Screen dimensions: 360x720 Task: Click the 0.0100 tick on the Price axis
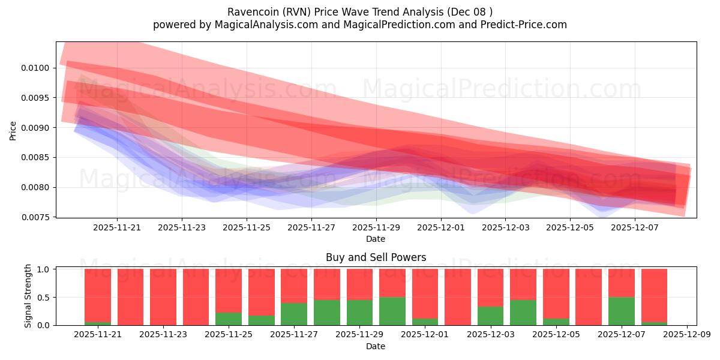38,68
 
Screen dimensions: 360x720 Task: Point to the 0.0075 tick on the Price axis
38,217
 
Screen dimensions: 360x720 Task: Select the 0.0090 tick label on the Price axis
38,127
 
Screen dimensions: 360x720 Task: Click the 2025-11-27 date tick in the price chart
311,228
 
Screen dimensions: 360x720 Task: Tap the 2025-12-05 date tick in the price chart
570,228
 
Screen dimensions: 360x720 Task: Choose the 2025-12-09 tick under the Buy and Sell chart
686,334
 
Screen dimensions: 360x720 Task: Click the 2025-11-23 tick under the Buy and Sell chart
163,334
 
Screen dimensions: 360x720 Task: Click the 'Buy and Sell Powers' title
376,257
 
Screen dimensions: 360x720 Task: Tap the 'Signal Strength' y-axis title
28,296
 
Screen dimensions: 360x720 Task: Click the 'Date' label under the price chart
376,239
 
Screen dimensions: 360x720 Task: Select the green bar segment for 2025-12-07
621,311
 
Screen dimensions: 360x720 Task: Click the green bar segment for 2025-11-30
392,311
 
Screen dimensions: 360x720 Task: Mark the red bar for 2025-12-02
458,297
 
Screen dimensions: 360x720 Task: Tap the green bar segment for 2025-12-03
490,316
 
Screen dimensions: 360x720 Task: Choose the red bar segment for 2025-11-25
229,290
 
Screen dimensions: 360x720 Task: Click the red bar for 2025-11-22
130,297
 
